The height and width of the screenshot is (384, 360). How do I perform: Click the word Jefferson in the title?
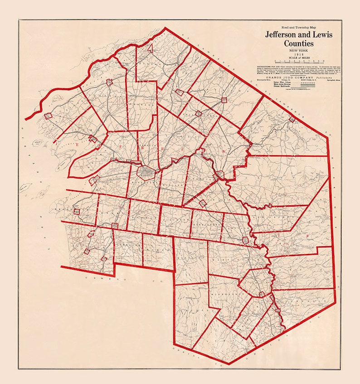point(283,35)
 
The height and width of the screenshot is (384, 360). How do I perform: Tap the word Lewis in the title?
point(325,35)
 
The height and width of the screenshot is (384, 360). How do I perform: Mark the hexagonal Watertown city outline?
point(146,172)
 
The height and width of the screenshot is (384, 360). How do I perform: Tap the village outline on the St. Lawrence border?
point(292,119)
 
